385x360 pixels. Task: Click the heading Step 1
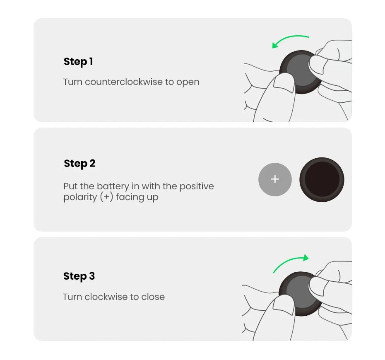coord(78,62)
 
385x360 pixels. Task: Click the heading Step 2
coord(79,164)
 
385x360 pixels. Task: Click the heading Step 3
coord(79,276)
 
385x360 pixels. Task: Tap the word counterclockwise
coord(124,82)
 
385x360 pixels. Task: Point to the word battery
coord(113,186)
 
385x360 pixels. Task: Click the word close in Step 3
coord(153,297)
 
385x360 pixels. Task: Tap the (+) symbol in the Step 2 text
coord(106,197)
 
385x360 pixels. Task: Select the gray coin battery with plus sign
coord(275,179)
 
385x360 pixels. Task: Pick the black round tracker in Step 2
coord(322,179)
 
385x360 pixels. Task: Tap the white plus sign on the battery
coord(275,179)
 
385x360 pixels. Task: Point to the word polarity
coord(80,197)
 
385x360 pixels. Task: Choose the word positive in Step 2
coord(197,186)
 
